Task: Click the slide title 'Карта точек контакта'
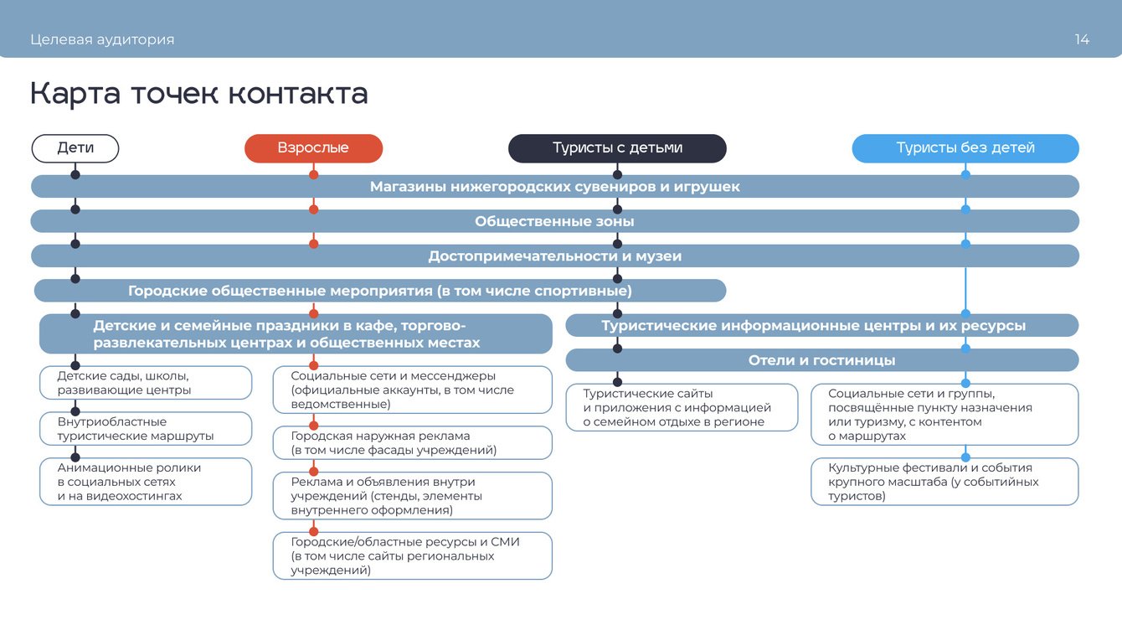[199, 94]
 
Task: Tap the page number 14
[1082, 39]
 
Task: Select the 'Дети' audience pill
[75, 148]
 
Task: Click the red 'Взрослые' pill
[313, 148]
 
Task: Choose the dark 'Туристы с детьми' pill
[617, 148]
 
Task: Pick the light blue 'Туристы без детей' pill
[965, 148]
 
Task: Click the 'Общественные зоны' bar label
[554, 221]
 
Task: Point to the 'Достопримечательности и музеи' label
[554, 256]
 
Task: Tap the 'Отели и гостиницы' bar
[821, 360]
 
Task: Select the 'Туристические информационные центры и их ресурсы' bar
[813, 326]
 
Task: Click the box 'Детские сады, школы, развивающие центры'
[146, 383]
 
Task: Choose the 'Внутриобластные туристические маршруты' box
[146, 429]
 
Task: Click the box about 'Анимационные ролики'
[146, 482]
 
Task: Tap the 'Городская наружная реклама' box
[412, 443]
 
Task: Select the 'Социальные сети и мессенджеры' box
[412, 390]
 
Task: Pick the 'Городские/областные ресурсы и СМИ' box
[412, 556]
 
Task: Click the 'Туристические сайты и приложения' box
[682, 408]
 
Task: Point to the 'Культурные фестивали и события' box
[944, 482]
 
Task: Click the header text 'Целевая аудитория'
[102, 39]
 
